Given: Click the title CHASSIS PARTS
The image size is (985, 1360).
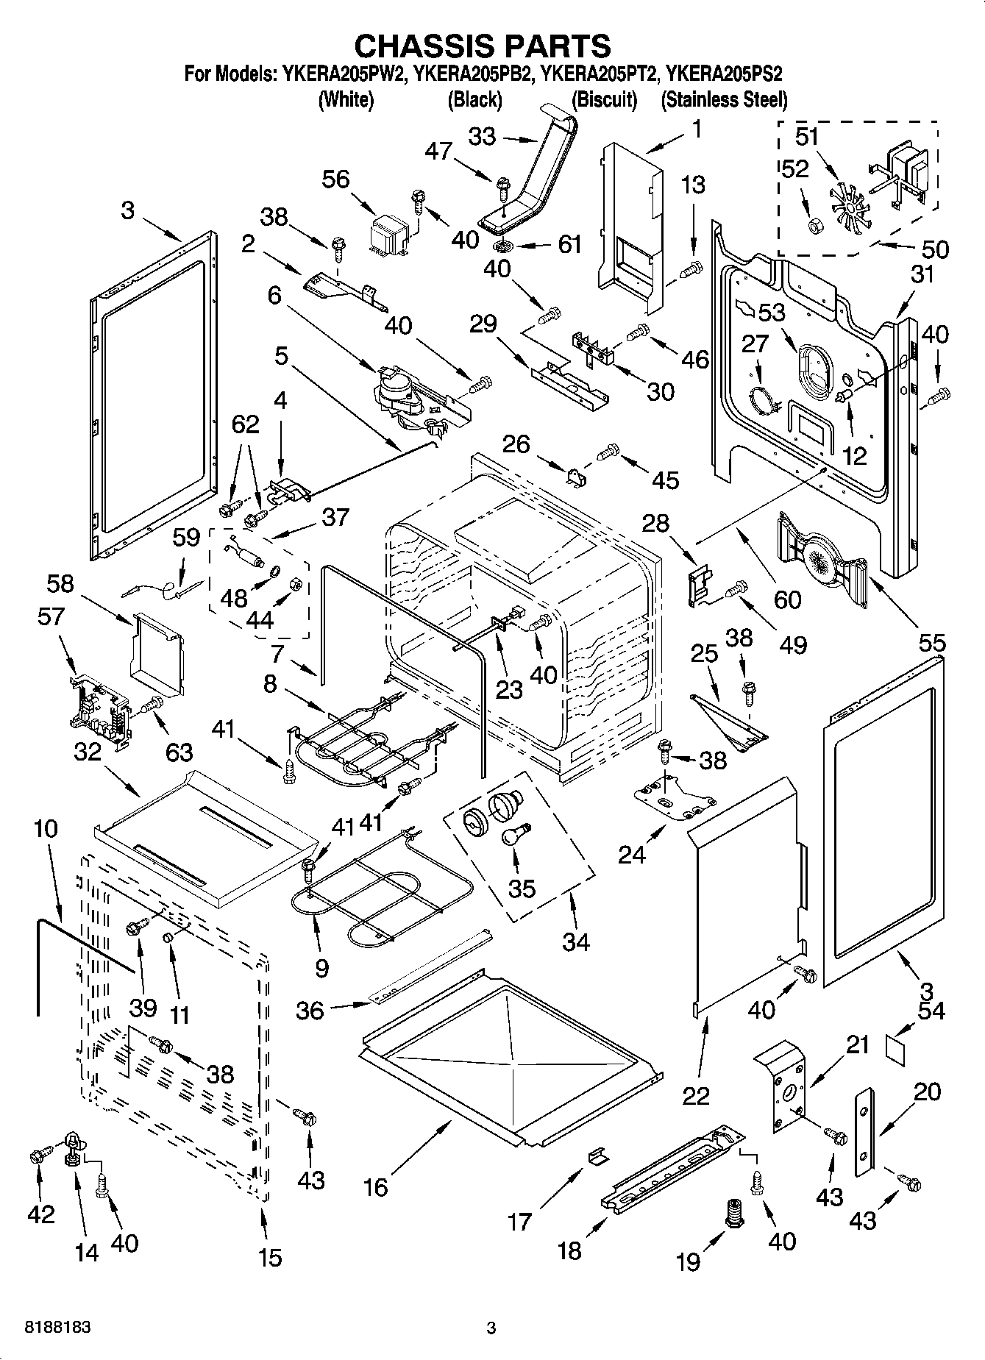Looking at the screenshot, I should click(x=482, y=46).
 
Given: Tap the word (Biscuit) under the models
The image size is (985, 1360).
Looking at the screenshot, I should click(x=604, y=99).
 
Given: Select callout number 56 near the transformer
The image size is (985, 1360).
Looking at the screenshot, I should click(x=336, y=179).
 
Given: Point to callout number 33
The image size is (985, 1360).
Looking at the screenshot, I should click(x=483, y=137).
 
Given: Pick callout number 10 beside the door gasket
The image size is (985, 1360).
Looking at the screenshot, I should click(x=45, y=829).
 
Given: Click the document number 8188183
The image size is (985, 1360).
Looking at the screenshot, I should click(x=57, y=1328).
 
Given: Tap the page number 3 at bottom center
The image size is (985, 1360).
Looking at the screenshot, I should click(x=491, y=1328).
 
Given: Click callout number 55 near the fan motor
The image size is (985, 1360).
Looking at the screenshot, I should click(x=931, y=643).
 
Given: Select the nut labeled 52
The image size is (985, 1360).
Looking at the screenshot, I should click(x=815, y=225).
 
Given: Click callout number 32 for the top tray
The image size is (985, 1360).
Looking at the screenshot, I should click(x=88, y=752).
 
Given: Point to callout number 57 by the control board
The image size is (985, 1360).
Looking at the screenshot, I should click(x=51, y=616).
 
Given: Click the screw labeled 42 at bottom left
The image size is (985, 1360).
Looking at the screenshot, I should click(x=37, y=1156).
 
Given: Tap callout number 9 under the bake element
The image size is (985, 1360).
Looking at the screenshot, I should click(x=321, y=968).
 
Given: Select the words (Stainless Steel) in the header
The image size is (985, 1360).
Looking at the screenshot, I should click(x=724, y=99).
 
